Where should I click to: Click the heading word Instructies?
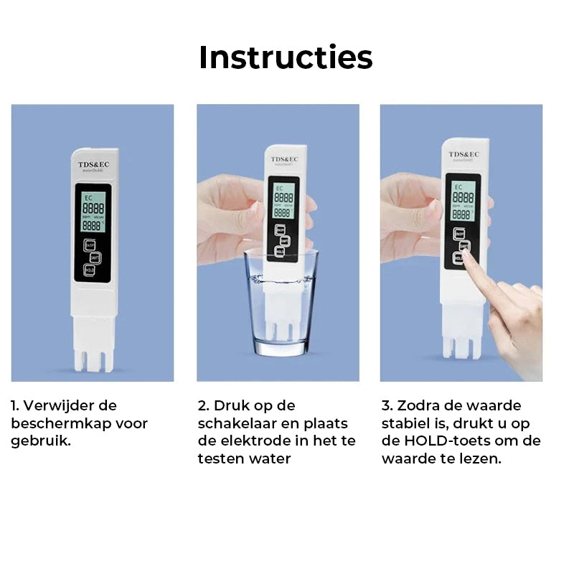(286, 57)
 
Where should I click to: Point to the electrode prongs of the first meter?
(94, 359)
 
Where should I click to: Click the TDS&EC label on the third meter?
(464, 154)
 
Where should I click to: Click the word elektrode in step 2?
(254, 441)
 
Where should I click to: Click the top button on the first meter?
(90, 244)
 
